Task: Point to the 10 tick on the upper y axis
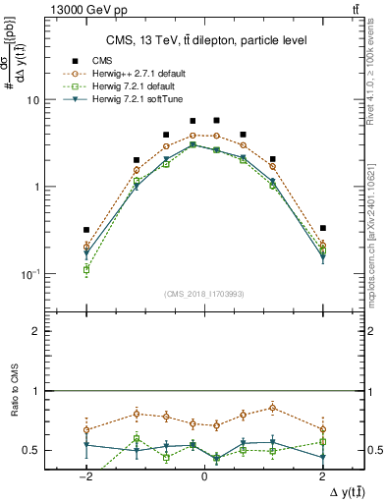pyautogui.click(x=30, y=100)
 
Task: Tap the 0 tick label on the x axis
pyautogui.click(x=203, y=475)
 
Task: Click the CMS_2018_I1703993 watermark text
pyautogui.click(x=203, y=293)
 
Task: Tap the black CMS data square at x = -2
pyautogui.click(x=86, y=230)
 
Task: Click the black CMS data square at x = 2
pyautogui.click(x=322, y=228)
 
